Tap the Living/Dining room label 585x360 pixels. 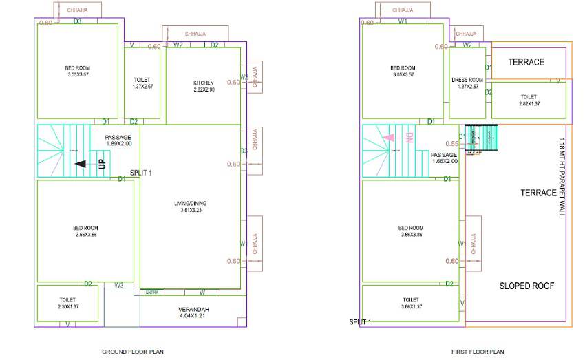coord(190,203)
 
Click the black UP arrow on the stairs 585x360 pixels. coord(80,164)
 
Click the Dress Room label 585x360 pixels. coord(467,80)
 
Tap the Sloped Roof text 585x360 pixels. coord(526,286)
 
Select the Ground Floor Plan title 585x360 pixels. coord(133,352)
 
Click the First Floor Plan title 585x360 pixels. coord(478,352)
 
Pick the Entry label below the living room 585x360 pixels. coord(152,293)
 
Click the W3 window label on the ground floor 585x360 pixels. coord(119,285)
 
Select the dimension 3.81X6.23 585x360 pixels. coord(190,210)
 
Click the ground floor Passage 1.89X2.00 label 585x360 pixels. coord(118,140)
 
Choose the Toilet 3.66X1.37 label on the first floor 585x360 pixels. coord(410,304)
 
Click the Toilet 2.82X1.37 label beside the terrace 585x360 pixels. coord(529,100)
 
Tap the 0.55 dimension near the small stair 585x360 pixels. coord(451,144)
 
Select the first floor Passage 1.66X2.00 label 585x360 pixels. coord(444,158)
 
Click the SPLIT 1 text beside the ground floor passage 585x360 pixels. coord(141,173)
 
